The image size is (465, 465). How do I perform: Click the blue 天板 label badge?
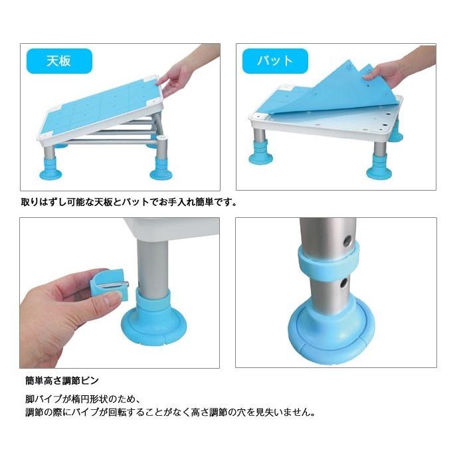point(59,61)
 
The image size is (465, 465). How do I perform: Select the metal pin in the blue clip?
point(119,285)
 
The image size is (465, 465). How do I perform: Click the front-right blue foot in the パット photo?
point(379,166)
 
